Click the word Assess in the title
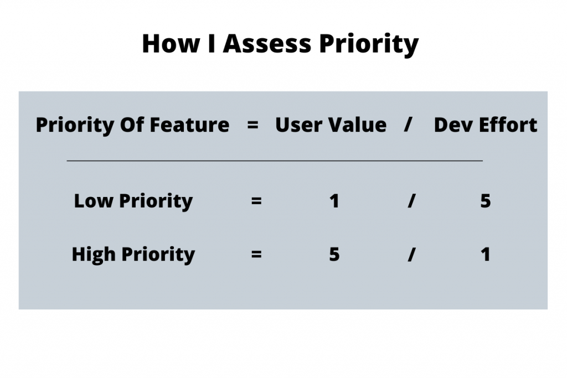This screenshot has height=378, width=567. click(267, 44)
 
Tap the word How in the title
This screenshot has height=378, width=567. click(171, 44)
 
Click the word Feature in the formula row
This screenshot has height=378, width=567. click(189, 125)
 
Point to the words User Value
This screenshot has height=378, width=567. click(331, 125)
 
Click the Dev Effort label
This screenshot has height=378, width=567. click(485, 125)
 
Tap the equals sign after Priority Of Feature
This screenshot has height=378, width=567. click(252, 125)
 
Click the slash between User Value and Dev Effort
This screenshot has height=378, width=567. click(408, 125)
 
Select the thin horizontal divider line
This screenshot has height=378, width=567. click(275, 160)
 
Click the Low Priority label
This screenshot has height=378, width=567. click(133, 201)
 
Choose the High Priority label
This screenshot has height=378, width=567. click(133, 255)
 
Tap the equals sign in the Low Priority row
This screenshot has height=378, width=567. click(256, 201)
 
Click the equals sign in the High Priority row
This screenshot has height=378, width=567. click(256, 255)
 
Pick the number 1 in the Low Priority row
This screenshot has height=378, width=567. click(334, 201)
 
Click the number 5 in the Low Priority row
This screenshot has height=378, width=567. click(485, 201)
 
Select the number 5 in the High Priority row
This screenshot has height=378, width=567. click(334, 255)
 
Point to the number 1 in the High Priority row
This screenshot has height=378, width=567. click(486, 255)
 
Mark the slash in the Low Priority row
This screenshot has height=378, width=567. click(411, 201)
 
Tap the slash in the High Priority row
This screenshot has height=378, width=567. click(411, 255)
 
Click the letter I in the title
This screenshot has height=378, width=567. click(212, 44)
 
